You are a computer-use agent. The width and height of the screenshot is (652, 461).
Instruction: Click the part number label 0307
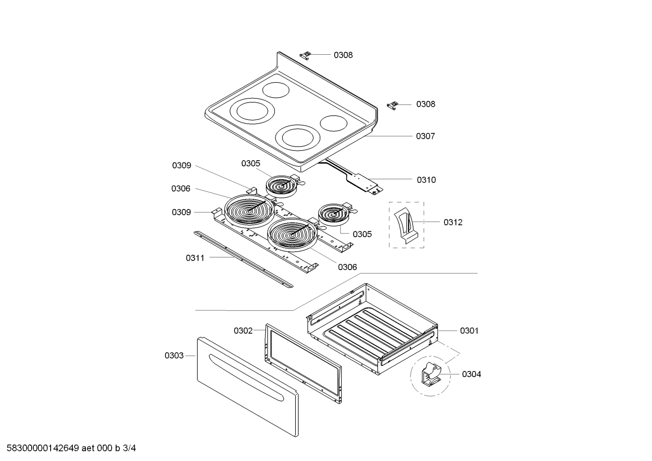[x=425, y=136]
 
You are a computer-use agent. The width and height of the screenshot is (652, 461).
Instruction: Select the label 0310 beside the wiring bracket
[x=426, y=180]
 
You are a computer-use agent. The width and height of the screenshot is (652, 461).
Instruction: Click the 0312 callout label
[x=453, y=222]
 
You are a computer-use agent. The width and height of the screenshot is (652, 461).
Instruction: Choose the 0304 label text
[x=471, y=374]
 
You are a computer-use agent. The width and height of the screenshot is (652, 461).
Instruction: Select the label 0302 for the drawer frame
[x=243, y=331]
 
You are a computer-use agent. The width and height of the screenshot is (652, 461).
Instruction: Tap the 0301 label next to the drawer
[x=469, y=331]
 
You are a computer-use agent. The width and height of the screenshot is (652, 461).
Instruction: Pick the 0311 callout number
[x=195, y=258]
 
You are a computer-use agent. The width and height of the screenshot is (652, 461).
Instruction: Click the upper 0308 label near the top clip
[x=343, y=55]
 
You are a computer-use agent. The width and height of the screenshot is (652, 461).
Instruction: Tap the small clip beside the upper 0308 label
[x=306, y=55]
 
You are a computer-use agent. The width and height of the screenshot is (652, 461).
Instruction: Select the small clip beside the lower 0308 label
[x=394, y=105]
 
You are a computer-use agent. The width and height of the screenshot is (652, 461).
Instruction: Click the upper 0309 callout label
[x=181, y=166]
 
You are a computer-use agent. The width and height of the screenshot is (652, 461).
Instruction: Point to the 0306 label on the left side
[x=180, y=189]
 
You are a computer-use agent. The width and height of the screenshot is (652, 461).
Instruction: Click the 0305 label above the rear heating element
[x=250, y=163]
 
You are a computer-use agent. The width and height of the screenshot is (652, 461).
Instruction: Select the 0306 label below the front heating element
[x=347, y=267]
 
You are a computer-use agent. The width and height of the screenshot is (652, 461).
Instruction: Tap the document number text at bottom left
[x=68, y=448]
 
